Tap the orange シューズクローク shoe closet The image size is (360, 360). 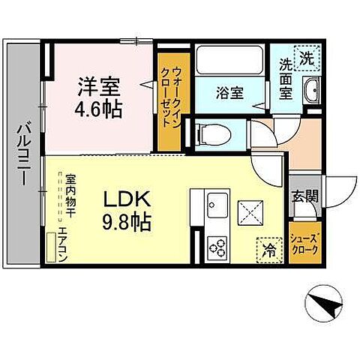(304, 239)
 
